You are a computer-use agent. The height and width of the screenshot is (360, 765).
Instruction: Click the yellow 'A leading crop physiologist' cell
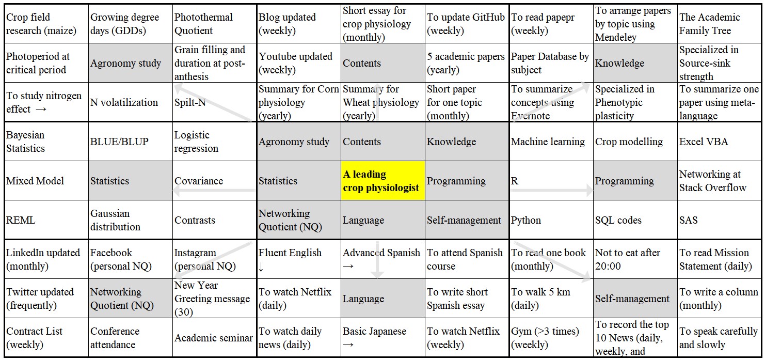[x=383, y=180]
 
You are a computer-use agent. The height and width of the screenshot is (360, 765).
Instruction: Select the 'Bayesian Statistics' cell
[x=46, y=141]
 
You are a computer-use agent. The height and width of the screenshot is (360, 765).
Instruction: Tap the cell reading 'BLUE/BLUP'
[x=131, y=141]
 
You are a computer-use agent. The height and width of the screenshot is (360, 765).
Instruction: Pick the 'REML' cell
[x=46, y=220]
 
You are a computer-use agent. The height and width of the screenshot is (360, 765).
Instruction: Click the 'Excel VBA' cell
[x=720, y=141]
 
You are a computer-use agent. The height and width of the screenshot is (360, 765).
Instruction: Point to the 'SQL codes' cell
[x=635, y=220]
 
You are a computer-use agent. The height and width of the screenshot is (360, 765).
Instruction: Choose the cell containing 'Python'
[x=551, y=220]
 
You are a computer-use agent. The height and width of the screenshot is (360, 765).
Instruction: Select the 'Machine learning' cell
[x=551, y=141]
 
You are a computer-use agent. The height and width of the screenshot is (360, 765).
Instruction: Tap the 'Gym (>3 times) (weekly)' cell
[x=551, y=337]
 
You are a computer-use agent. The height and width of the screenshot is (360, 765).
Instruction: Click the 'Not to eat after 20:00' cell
[x=635, y=259]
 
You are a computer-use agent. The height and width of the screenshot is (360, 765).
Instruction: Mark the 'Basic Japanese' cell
[x=383, y=337]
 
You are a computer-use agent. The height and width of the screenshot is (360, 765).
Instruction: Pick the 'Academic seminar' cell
[x=214, y=337]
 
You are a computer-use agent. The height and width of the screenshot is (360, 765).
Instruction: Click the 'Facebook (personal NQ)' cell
[x=131, y=259]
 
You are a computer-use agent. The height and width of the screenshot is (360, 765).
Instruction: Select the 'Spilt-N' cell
[x=214, y=102]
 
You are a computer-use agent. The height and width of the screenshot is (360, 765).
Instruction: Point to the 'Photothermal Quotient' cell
[x=214, y=24]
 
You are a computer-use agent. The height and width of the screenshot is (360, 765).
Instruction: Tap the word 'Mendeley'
[x=616, y=37]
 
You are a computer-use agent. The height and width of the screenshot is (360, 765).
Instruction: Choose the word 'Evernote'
[x=530, y=116]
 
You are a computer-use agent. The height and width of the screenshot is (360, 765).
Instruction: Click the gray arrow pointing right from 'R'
[x=551, y=190]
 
